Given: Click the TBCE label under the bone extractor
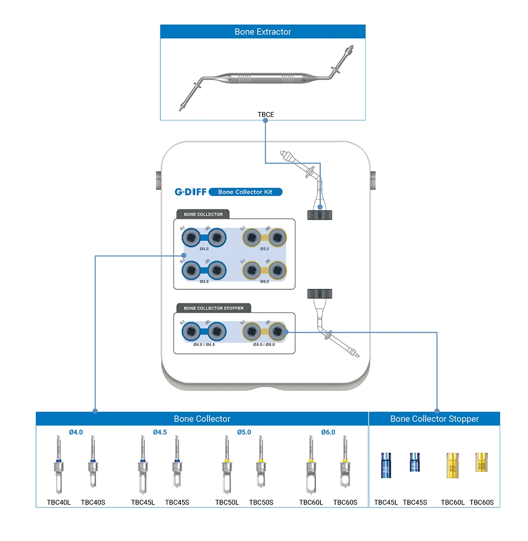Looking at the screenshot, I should pyautogui.click(x=266, y=115).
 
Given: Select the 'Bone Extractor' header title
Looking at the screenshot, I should pyautogui.click(x=263, y=32).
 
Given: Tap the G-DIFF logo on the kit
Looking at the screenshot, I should pyautogui.click(x=190, y=192).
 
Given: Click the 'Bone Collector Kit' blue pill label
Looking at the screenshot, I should pyautogui.click(x=245, y=192).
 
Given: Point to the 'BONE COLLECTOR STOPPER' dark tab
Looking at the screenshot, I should pyautogui.click(x=214, y=308).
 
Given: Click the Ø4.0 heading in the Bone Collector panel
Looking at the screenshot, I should pyautogui.click(x=76, y=432).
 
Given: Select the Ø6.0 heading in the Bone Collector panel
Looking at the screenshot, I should pyautogui.click(x=328, y=432).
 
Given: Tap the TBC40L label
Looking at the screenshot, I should pyautogui.click(x=59, y=503).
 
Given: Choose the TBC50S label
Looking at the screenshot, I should pyautogui.click(x=261, y=503).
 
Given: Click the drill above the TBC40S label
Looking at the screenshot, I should pyautogui.click(x=92, y=462).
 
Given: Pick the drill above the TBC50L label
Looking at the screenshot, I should pyautogui.click(x=227, y=464).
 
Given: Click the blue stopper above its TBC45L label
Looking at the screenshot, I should pyautogui.click(x=386, y=465).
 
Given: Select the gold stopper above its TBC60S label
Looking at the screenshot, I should pyautogui.click(x=481, y=462).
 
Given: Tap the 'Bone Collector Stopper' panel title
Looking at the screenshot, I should pyautogui.click(x=434, y=419).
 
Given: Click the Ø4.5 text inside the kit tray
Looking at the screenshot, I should pyautogui.click(x=204, y=281).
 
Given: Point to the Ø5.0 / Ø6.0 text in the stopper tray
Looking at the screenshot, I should pyautogui.click(x=264, y=345).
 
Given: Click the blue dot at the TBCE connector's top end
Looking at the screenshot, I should pyautogui.click(x=265, y=121).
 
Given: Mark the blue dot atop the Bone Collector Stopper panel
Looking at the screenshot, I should pyautogui.click(x=437, y=411).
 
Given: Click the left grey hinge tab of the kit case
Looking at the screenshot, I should pyautogui.click(x=158, y=180).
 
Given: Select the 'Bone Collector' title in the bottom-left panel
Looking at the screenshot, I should pyautogui.click(x=202, y=419).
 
